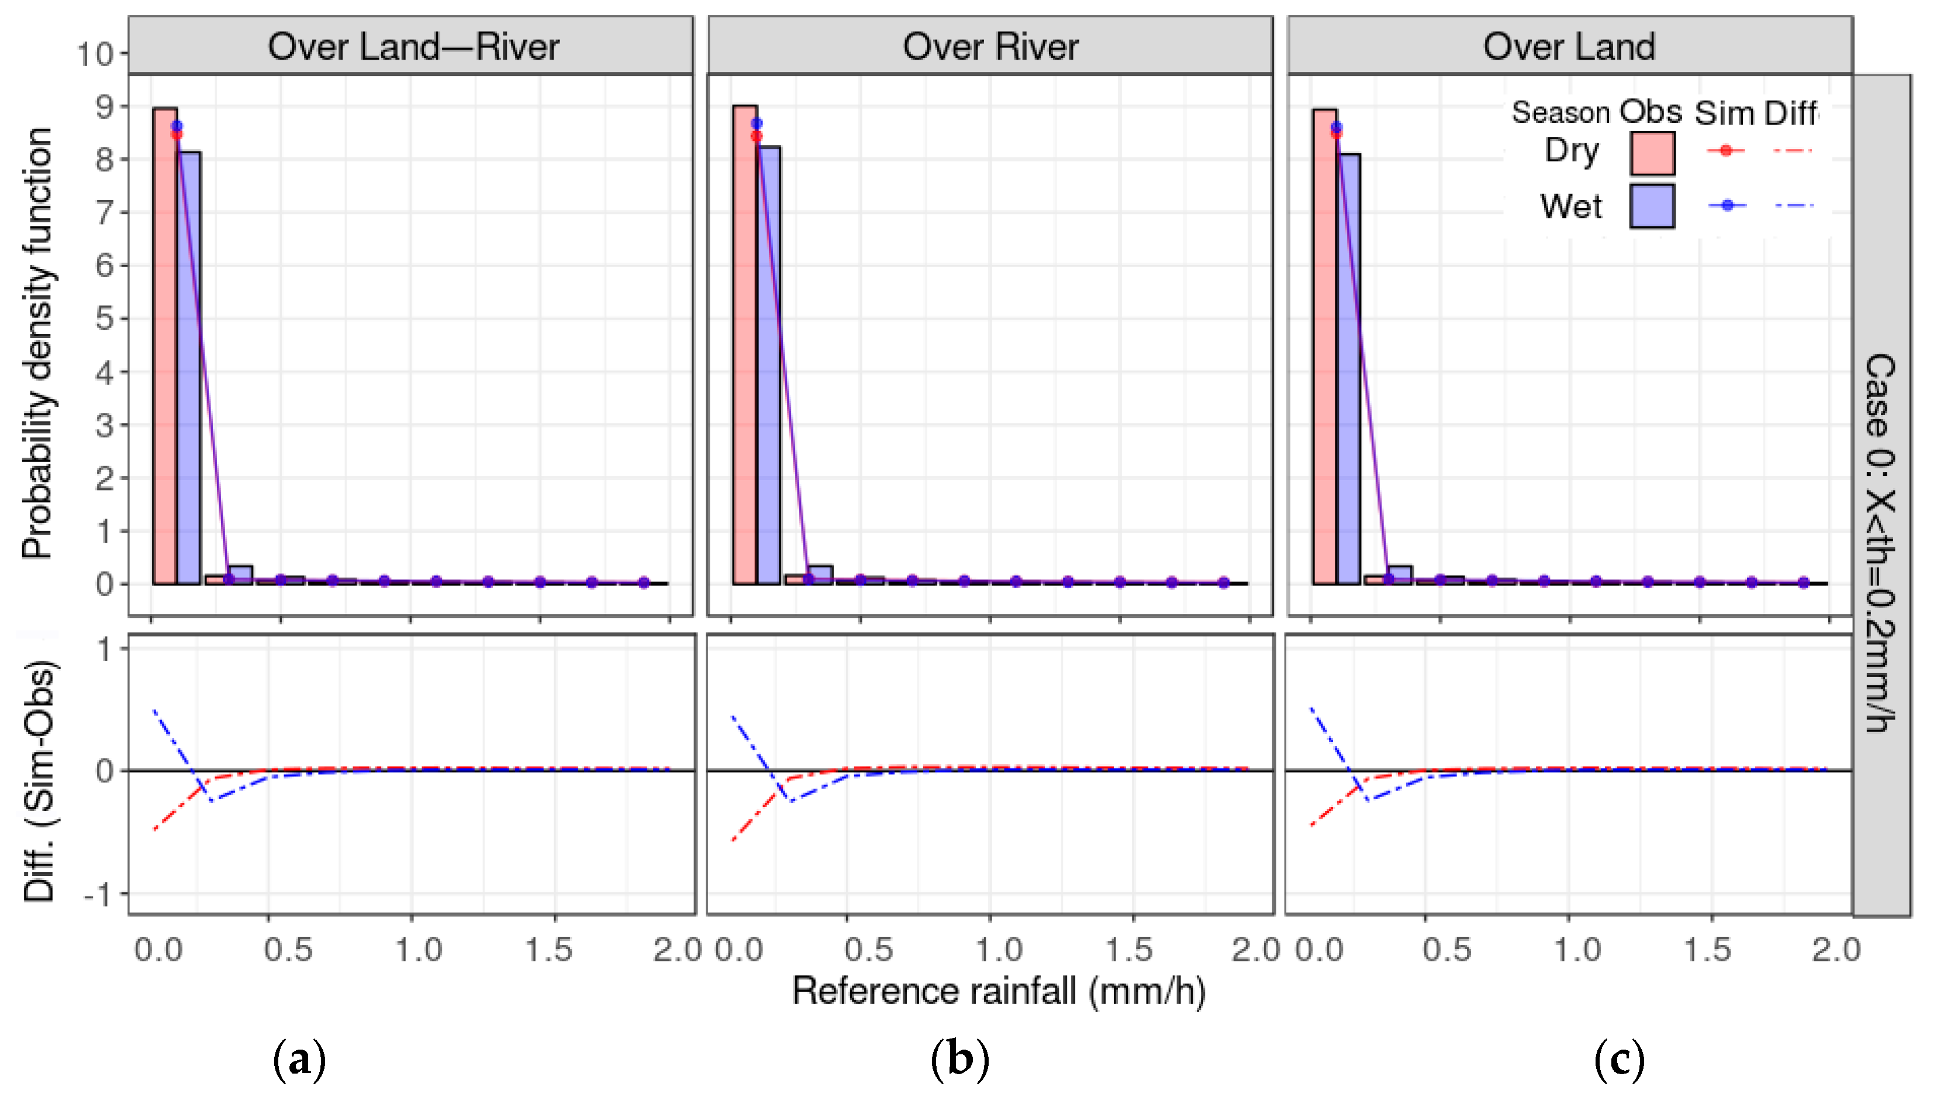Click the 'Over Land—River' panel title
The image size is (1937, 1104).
pos(413,47)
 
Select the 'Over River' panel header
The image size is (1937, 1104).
pos(990,47)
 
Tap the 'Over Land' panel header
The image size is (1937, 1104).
pos(1569,47)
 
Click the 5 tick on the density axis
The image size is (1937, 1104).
pos(104,319)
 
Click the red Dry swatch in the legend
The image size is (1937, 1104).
pos(1652,153)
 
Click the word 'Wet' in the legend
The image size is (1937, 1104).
pos(1571,206)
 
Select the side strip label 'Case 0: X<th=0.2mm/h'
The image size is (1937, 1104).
pos(1880,542)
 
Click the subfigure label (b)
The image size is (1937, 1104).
pos(960,1059)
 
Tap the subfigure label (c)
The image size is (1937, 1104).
pos(1620,1059)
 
